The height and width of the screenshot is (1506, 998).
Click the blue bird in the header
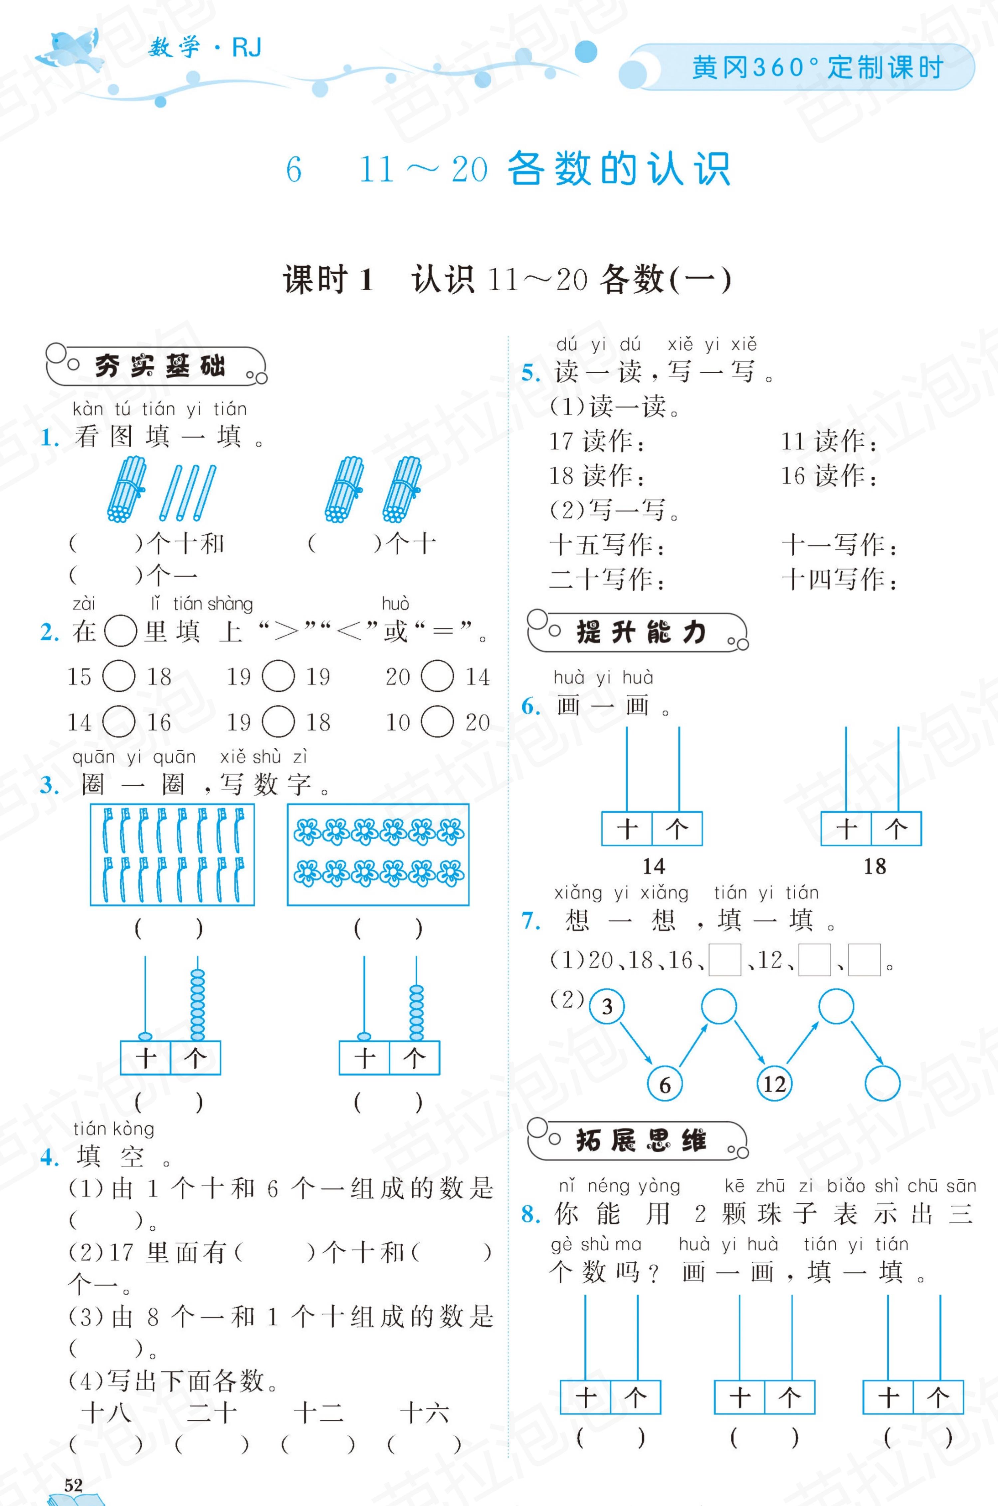70,51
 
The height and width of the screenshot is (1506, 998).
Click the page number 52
73,1485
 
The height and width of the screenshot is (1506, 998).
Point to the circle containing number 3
607,1006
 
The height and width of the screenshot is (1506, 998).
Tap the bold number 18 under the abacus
875,866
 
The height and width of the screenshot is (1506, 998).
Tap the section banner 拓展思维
638,1140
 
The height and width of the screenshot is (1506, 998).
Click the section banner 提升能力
638,632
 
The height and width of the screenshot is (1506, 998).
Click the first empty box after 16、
724,960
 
